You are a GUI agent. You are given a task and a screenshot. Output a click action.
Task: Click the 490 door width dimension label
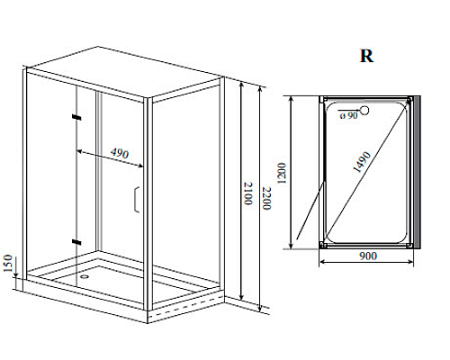(x=120, y=153)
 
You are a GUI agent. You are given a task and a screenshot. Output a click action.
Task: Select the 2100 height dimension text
(x=248, y=193)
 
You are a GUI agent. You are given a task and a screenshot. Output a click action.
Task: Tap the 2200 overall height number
(x=266, y=198)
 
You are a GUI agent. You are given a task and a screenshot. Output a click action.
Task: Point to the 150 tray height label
(x=8, y=263)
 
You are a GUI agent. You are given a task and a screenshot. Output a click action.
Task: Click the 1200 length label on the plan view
(x=282, y=173)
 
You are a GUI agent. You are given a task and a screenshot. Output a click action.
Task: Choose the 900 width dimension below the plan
(x=368, y=256)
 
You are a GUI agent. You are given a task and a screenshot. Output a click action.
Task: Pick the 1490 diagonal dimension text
(x=362, y=162)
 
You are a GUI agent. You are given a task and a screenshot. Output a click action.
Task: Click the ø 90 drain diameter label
(x=349, y=115)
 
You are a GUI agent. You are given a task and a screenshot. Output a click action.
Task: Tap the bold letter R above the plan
(x=366, y=56)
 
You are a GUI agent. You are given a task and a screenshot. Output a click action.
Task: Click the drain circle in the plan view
(x=364, y=111)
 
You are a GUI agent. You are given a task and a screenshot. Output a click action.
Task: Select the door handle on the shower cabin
(x=137, y=200)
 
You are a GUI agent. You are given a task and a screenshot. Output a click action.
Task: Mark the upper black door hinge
(x=76, y=117)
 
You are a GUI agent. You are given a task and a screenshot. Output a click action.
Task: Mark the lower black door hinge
(x=76, y=242)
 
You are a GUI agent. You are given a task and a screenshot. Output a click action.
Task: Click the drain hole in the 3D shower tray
(x=85, y=276)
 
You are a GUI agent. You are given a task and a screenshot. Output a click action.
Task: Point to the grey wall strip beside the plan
(x=417, y=172)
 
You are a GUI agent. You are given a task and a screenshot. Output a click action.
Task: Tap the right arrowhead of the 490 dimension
(x=139, y=166)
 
